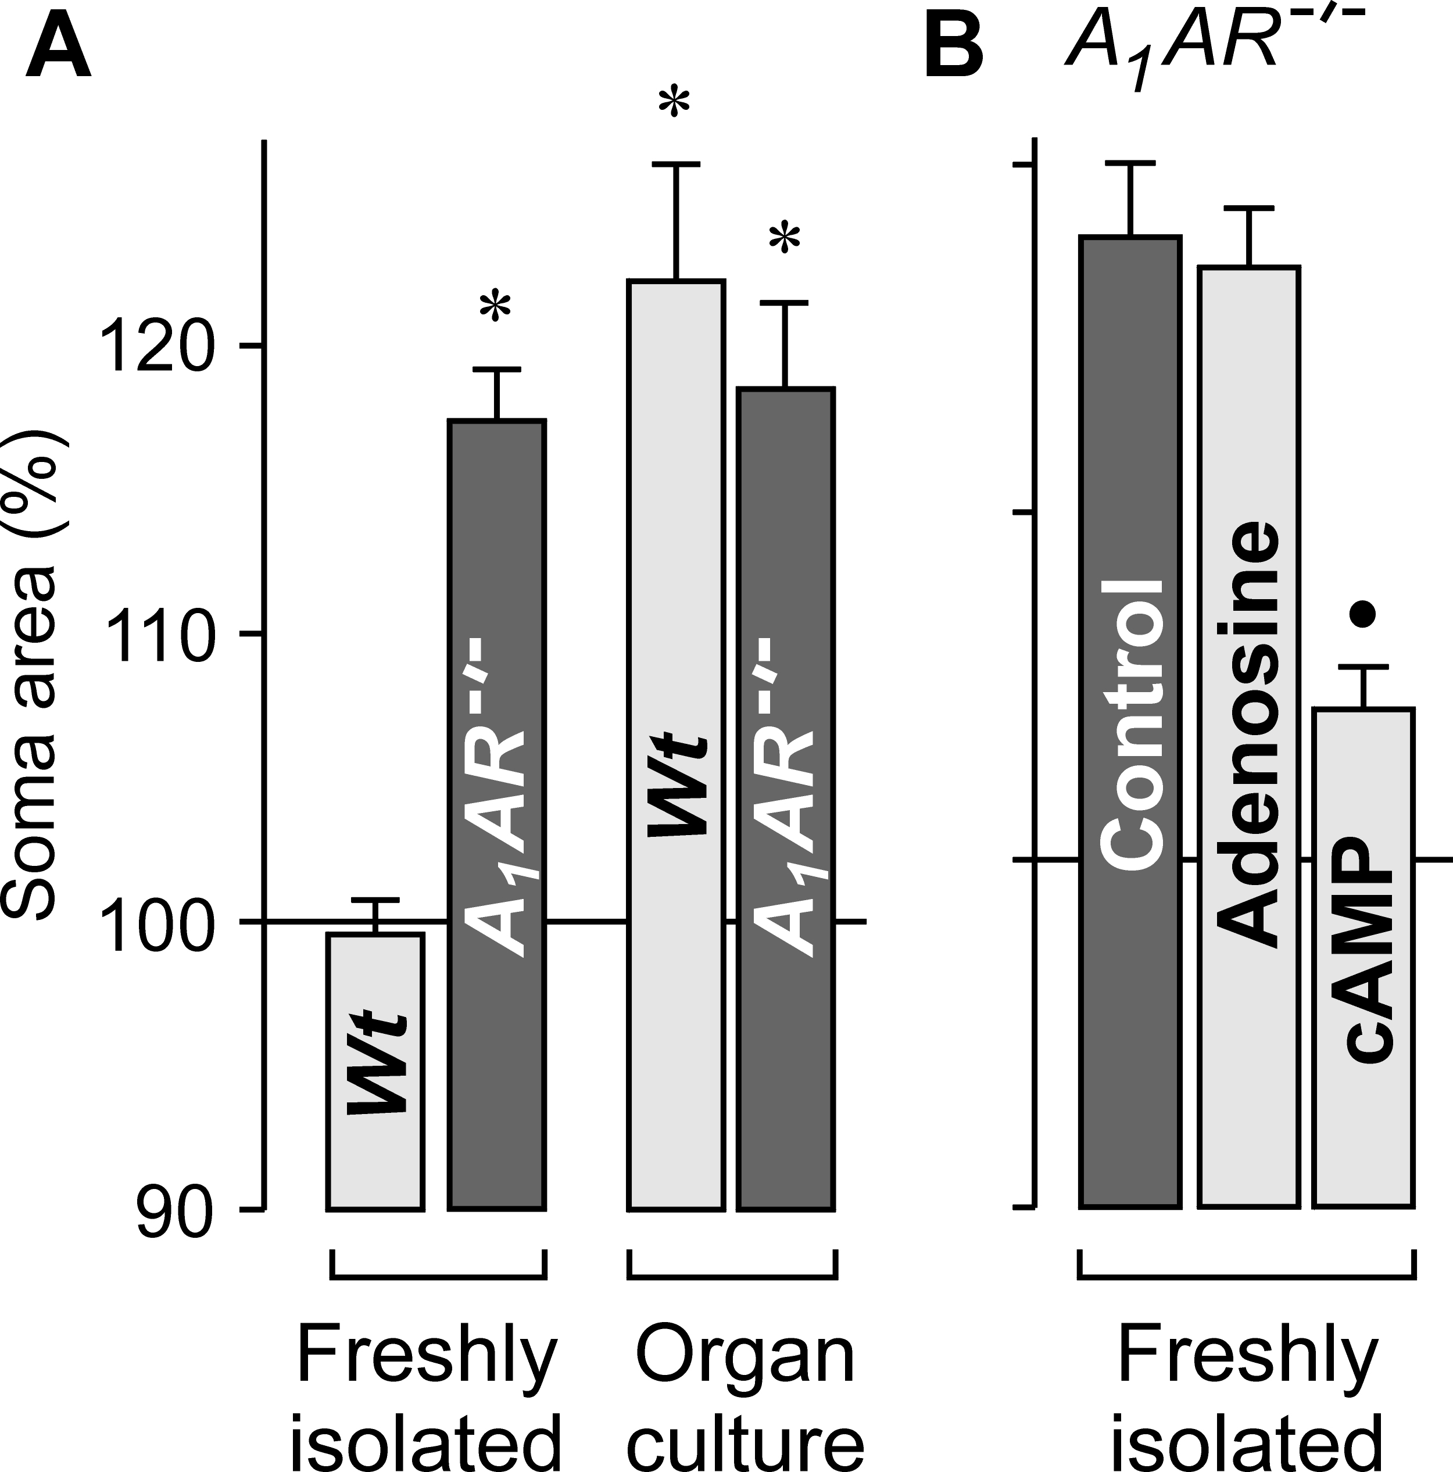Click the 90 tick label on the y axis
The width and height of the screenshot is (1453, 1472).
(174, 1210)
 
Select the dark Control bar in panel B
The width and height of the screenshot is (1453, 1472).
(1130, 724)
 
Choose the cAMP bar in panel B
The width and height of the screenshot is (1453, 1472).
(1363, 960)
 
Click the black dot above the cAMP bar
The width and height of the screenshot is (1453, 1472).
(1362, 614)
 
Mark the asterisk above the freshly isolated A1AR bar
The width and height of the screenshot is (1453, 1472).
(495, 308)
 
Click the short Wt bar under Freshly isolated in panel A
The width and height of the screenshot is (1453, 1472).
(375, 1067)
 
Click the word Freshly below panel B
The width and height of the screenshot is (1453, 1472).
(1247, 1358)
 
